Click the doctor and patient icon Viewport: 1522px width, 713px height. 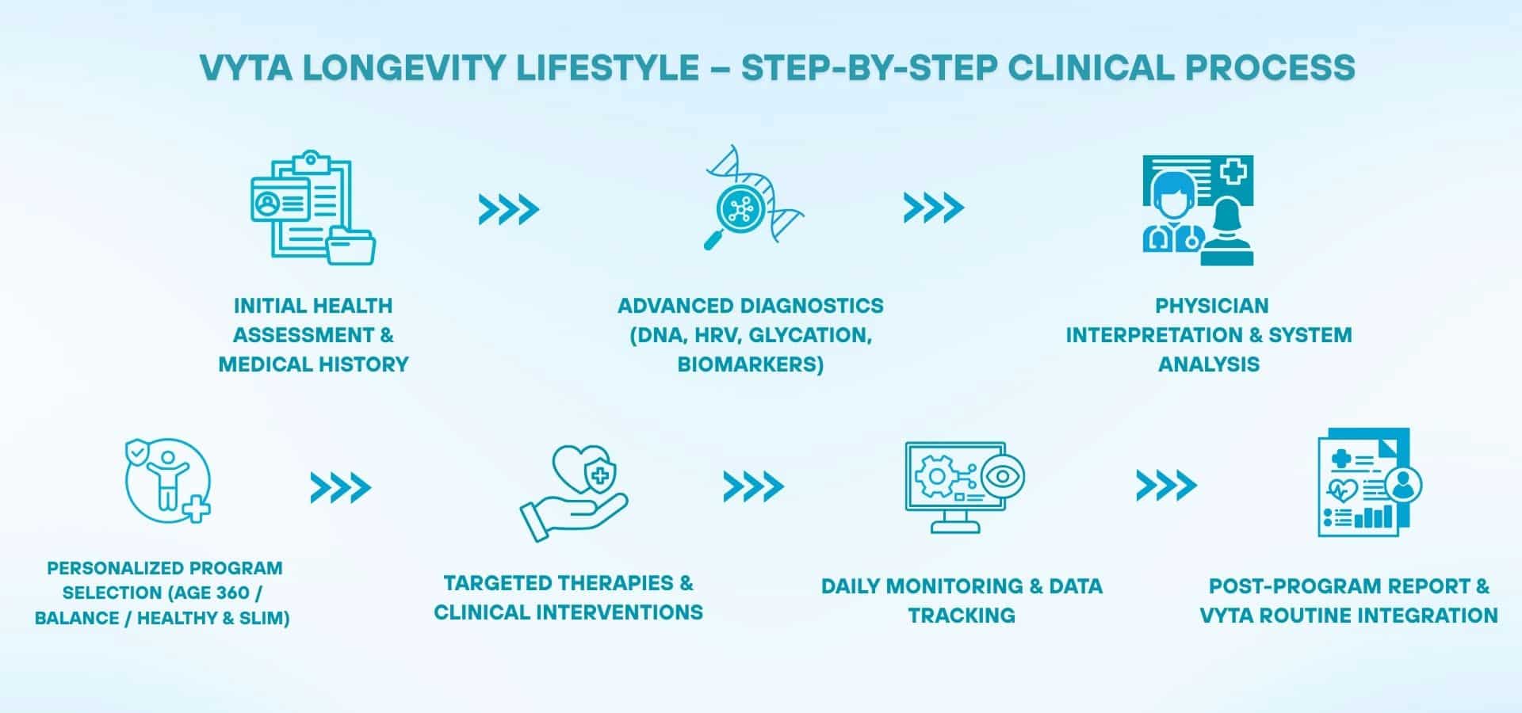tap(1198, 210)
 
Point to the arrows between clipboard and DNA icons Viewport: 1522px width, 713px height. tap(508, 210)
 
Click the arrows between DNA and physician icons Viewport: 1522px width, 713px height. tap(933, 208)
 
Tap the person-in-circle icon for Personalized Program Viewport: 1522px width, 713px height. tap(167, 481)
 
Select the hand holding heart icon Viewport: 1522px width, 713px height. tap(574, 493)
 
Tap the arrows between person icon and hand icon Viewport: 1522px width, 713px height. tap(340, 488)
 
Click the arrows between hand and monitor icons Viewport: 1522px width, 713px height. tap(753, 486)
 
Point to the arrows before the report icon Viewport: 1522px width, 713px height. tap(1165, 486)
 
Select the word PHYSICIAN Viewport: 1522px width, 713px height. tap(1211, 306)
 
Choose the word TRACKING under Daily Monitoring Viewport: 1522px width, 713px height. tap(962, 616)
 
